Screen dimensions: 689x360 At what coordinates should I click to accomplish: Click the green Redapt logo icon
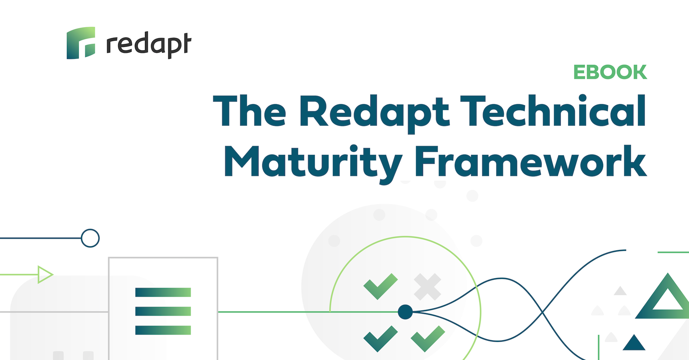pos(81,43)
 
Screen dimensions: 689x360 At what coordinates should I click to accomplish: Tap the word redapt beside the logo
pos(149,45)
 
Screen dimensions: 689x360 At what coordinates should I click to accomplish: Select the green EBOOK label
pos(610,72)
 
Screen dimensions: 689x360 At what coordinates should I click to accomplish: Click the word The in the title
pos(249,111)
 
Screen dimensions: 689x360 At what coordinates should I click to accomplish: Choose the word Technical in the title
pos(553,111)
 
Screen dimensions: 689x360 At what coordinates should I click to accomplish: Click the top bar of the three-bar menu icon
pos(163,292)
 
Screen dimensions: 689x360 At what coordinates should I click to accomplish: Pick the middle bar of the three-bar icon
pos(163,311)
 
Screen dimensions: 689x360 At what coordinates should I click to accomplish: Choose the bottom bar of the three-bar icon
pos(163,330)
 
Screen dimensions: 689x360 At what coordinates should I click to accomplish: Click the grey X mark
pos(428,287)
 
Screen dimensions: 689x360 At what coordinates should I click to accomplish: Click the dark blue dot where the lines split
pos(405,312)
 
